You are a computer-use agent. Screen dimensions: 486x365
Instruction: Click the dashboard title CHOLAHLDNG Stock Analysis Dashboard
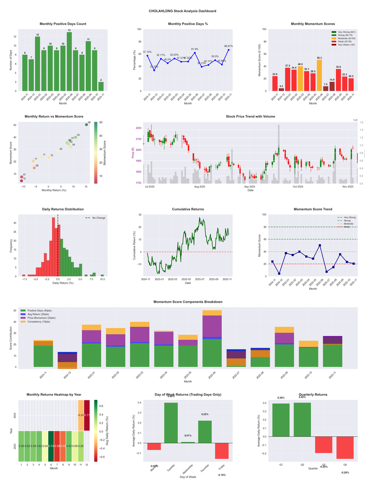(x=182, y=10)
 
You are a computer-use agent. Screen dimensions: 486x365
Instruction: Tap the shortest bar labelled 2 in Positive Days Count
(x=101, y=86)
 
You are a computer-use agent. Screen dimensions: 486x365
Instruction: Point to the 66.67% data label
(x=229, y=46)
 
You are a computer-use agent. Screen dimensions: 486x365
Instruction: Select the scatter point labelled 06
(x=86, y=124)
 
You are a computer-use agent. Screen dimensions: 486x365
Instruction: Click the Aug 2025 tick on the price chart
(x=199, y=186)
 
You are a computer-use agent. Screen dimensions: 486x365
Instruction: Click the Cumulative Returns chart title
(x=188, y=209)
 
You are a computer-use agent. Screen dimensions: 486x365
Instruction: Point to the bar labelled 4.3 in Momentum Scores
(x=281, y=89)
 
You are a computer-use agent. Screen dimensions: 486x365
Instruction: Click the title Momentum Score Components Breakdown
(x=188, y=302)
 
